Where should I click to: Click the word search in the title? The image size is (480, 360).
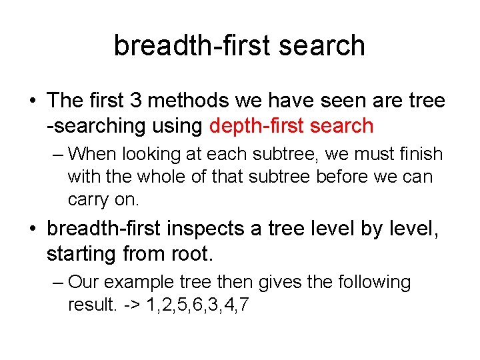[322, 45]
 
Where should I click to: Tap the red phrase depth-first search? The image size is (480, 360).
[291, 126]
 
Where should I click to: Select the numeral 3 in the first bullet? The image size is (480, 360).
[135, 100]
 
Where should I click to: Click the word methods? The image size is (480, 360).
[188, 100]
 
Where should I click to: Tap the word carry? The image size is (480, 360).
[88, 201]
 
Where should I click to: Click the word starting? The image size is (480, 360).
[81, 255]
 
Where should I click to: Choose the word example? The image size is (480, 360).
[139, 282]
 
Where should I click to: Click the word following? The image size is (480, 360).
[375, 282]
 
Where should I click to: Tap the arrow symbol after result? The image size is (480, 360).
[132, 305]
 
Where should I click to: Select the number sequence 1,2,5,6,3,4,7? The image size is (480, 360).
[198, 305]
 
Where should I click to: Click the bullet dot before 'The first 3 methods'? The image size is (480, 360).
[33, 101]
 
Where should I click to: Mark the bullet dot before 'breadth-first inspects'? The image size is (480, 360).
[33, 229]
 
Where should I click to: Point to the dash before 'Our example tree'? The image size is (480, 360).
[58, 283]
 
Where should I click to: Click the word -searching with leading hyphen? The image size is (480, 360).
[96, 126]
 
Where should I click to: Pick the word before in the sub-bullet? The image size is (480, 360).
[341, 177]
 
